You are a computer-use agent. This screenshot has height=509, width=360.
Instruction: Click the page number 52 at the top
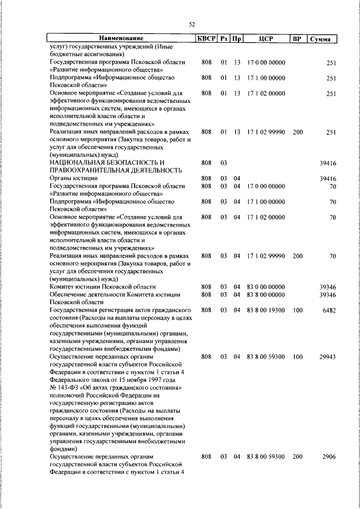192,24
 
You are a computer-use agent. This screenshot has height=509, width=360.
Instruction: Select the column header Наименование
119,38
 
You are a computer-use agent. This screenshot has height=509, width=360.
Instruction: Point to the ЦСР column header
266,38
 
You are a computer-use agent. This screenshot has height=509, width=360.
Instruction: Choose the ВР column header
297,38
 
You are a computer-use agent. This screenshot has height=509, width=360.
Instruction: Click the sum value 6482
328,310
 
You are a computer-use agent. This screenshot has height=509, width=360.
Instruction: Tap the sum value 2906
328,457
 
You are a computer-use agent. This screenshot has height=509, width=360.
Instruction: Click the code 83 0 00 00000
265,287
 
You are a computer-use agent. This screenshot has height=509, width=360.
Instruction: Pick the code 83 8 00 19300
265,310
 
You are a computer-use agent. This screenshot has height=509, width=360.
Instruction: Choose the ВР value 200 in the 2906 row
298,457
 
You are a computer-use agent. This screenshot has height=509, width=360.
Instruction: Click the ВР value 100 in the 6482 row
298,310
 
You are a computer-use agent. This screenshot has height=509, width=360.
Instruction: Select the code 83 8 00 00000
265,295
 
